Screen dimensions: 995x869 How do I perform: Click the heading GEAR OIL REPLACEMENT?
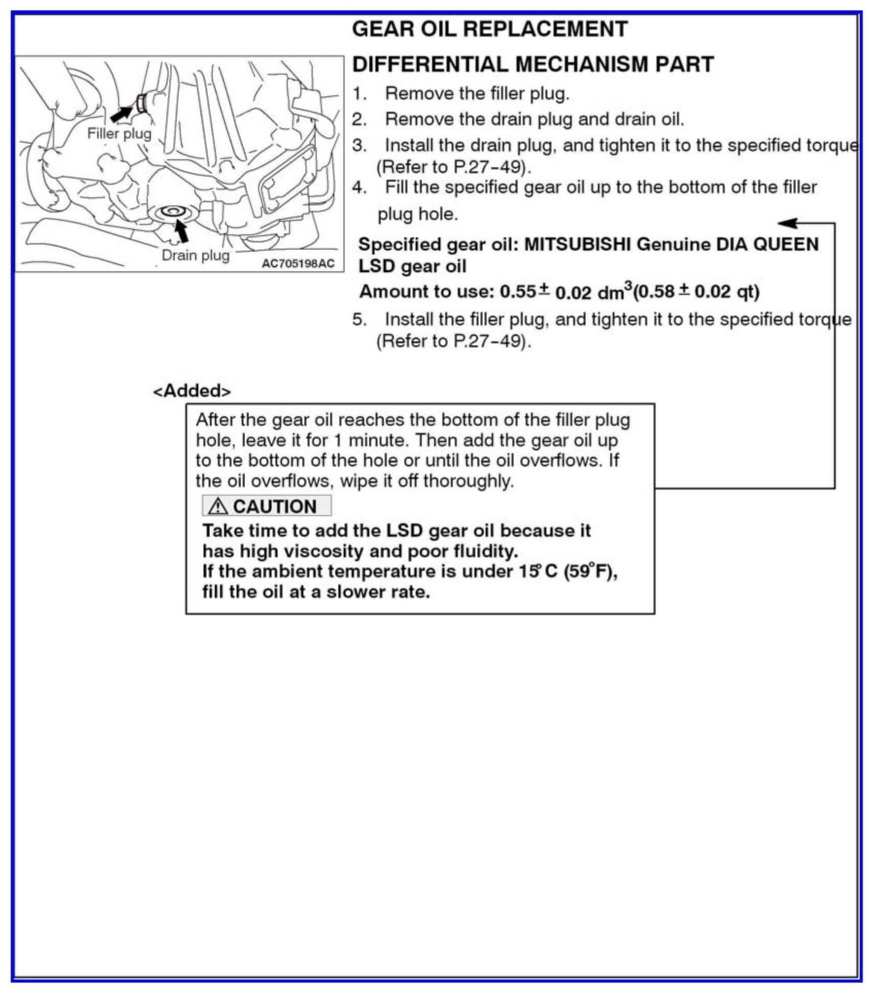[x=489, y=29]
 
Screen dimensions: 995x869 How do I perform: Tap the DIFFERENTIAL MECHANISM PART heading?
[x=533, y=64]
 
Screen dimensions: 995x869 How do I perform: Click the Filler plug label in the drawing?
[x=119, y=134]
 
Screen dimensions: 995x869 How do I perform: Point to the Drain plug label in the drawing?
[x=195, y=255]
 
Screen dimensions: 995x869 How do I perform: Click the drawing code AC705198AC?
[x=298, y=264]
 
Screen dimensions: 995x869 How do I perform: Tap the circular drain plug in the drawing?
[x=171, y=211]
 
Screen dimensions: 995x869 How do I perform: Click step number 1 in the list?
[x=359, y=94]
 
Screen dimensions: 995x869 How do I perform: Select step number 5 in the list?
[x=359, y=320]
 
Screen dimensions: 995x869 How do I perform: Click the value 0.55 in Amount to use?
[x=518, y=292]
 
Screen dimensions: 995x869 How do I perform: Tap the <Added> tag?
[x=192, y=391]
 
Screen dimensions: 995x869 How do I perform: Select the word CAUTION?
[x=275, y=507]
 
